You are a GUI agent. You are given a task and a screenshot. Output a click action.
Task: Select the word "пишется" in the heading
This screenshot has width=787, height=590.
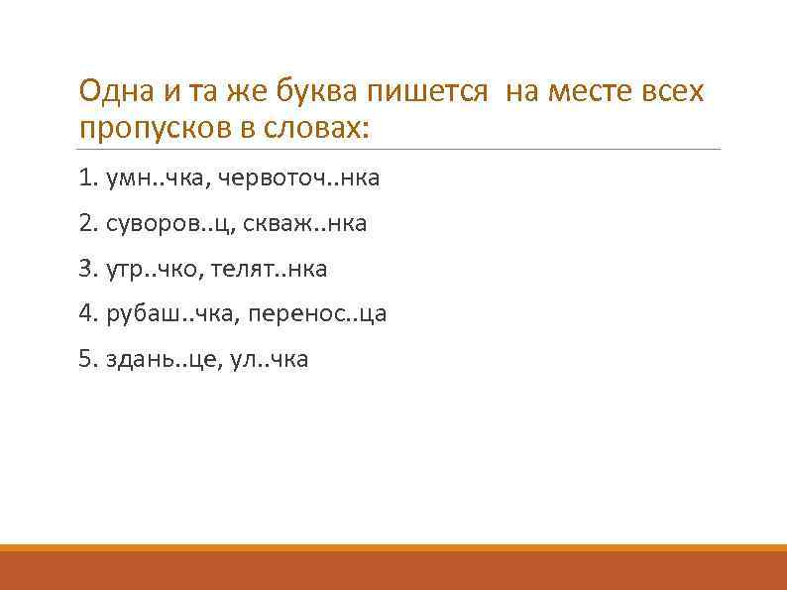pos(427,94)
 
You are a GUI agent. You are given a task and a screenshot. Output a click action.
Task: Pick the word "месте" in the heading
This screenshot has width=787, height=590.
pos(597,92)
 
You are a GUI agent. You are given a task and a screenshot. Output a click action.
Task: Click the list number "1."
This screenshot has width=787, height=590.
pos(87,179)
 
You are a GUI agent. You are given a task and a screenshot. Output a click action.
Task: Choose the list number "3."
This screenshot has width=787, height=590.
pos(87,270)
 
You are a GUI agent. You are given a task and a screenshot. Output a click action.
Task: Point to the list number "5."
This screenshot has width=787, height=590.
pos(87,359)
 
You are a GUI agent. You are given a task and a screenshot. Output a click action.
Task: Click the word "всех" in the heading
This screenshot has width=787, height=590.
pos(675,92)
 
